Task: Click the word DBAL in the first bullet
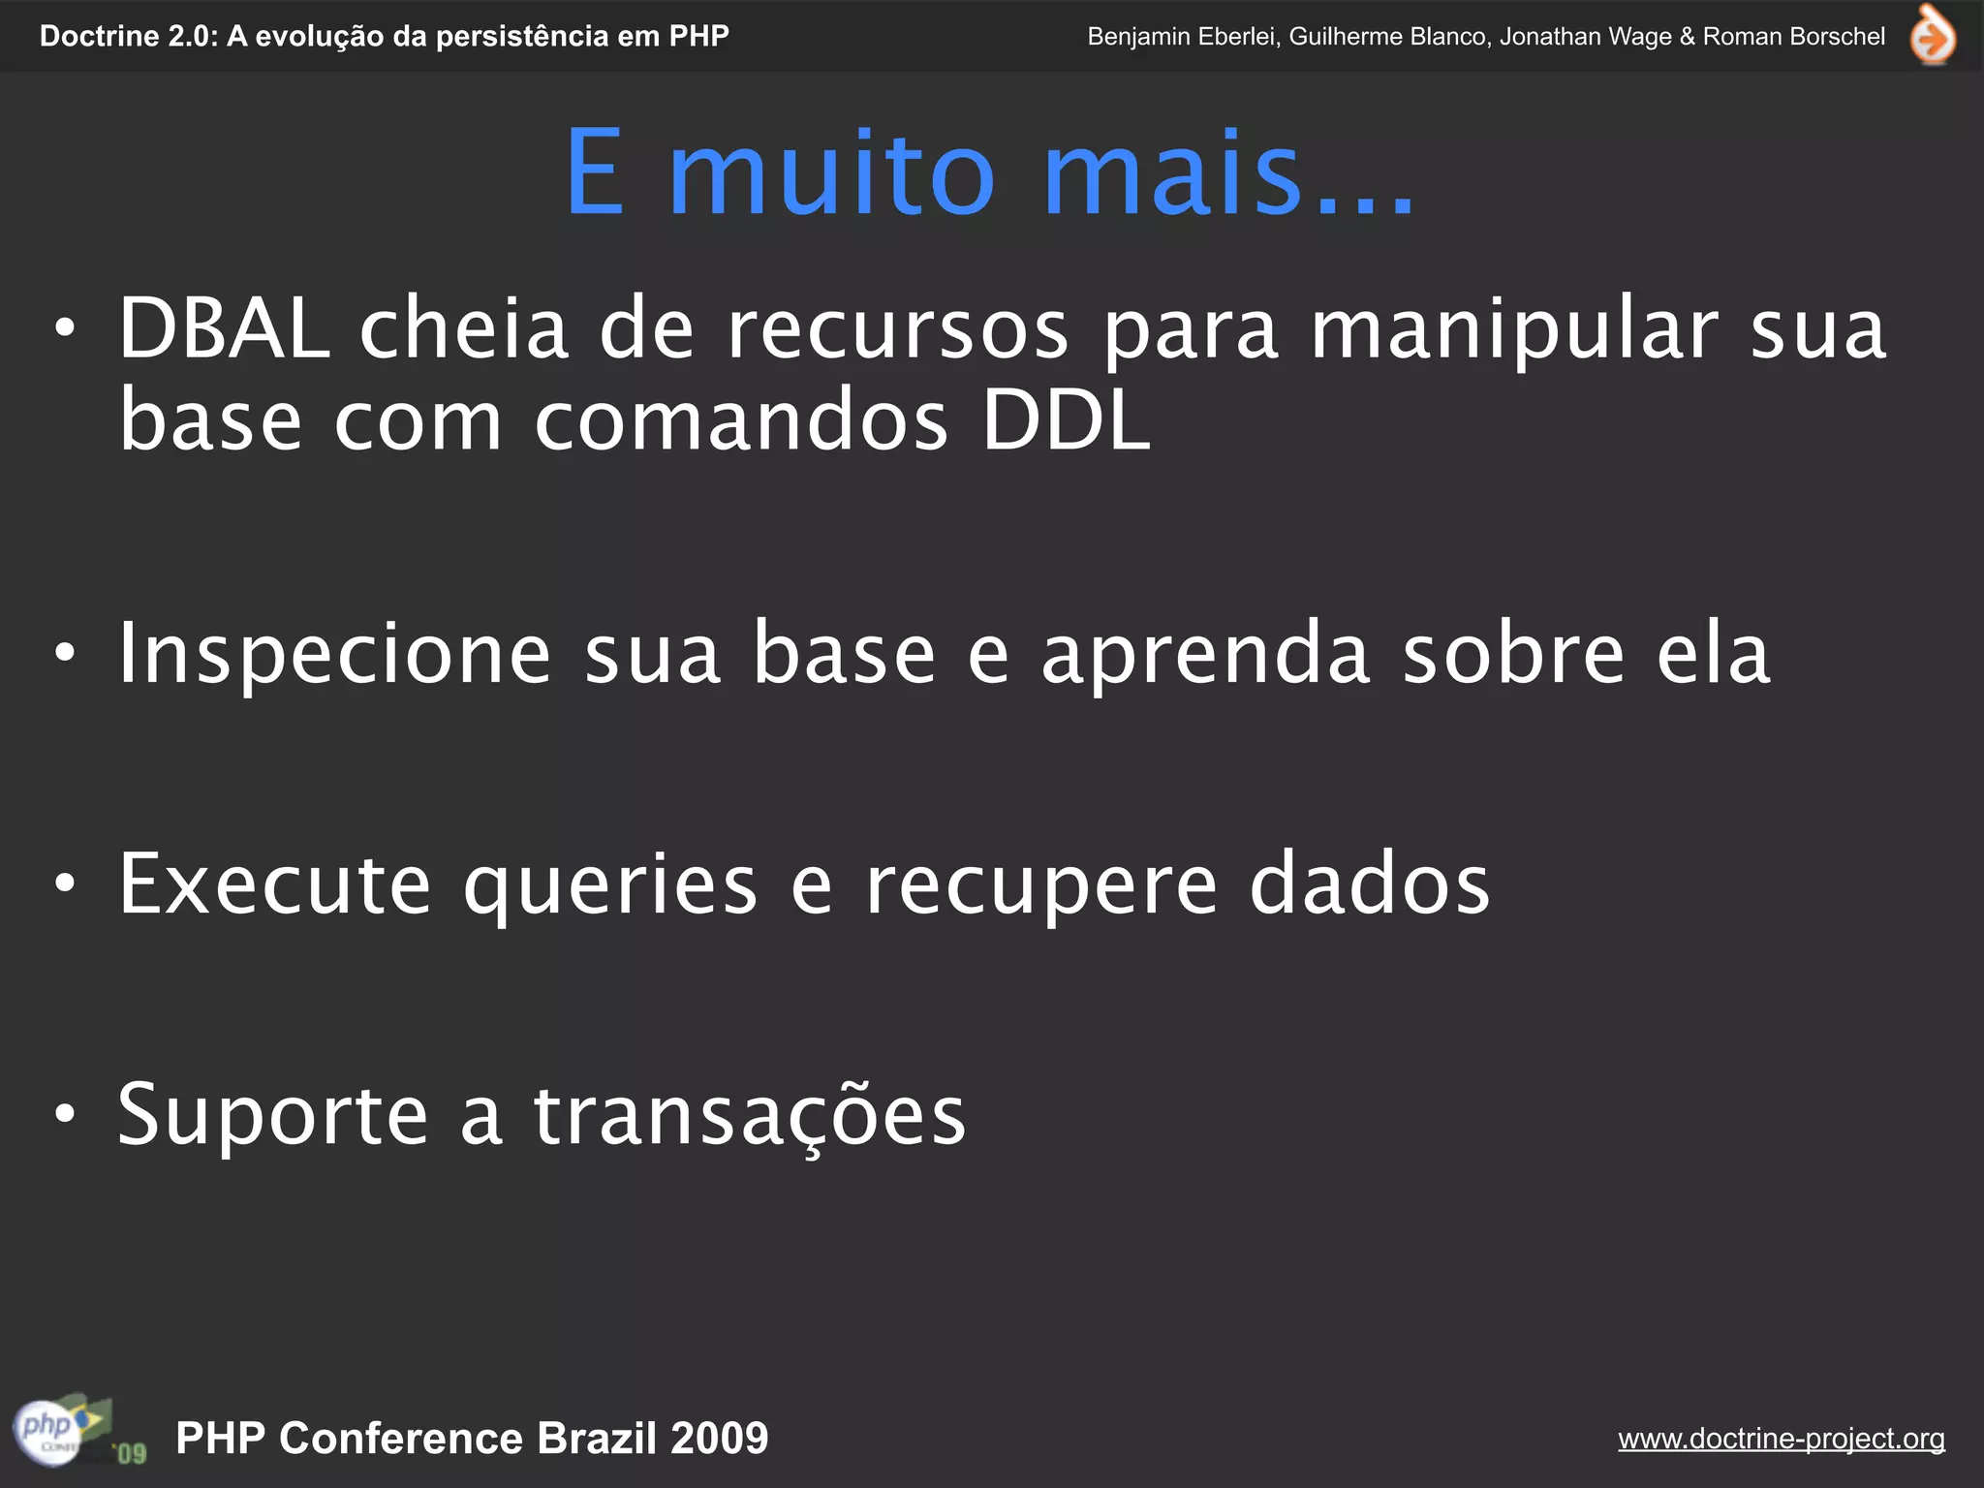pos(224,329)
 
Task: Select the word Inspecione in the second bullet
pos(334,655)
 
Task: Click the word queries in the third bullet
pos(610,885)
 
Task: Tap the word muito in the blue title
pos(832,174)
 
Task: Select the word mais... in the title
pos(1229,174)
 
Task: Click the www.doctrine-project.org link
pos(1781,1439)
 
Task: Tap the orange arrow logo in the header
pos(1932,36)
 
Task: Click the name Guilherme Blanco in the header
pos(1390,37)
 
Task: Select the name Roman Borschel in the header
pos(1794,37)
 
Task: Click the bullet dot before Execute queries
pos(65,883)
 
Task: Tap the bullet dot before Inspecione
pos(65,652)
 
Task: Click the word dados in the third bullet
pos(1369,885)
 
